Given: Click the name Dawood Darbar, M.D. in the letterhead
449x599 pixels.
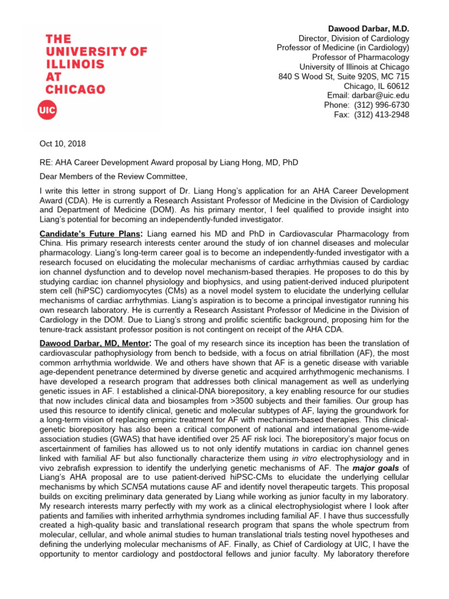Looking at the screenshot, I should [x=369, y=29].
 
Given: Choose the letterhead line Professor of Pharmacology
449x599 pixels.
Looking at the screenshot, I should [x=360, y=57].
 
